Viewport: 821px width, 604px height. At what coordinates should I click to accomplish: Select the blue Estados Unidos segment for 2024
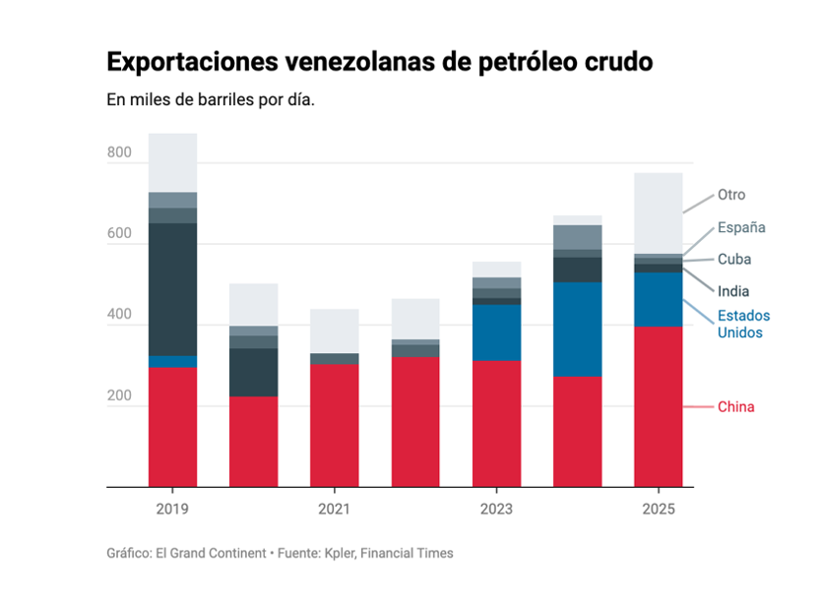tap(578, 329)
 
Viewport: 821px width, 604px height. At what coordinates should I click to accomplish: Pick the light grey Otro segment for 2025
tap(659, 212)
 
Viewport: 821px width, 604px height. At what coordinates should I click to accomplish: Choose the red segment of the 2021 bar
tap(335, 425)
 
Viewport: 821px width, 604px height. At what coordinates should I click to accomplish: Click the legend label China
tap(735, 407)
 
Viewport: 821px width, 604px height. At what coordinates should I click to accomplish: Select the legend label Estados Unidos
tap(743, 324)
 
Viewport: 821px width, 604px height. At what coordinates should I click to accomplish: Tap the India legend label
tap(733, 291)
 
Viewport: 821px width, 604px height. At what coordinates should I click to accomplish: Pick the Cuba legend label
tap(734, 260)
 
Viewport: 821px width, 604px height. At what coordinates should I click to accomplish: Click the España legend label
tap(741, 227)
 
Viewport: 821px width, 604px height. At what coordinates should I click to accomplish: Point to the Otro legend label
tap(731, 195)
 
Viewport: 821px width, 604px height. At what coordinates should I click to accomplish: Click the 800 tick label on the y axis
tap(119, 152)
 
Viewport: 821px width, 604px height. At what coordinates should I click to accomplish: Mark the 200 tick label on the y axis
tap(119, 396)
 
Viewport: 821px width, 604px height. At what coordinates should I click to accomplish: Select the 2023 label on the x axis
tap(496, 509)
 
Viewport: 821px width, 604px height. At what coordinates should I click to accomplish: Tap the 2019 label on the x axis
tap(172, 509)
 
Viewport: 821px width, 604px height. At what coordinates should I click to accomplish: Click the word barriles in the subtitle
tap(205, 100)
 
